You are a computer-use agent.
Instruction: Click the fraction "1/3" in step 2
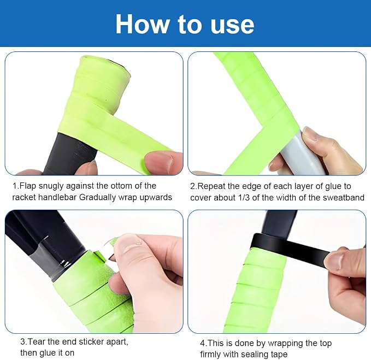(243, 198)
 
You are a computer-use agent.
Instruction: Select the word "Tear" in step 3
(37, 341)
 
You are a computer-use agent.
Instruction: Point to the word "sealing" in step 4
(243, 355)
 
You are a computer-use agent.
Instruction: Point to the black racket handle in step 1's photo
(71, 154)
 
